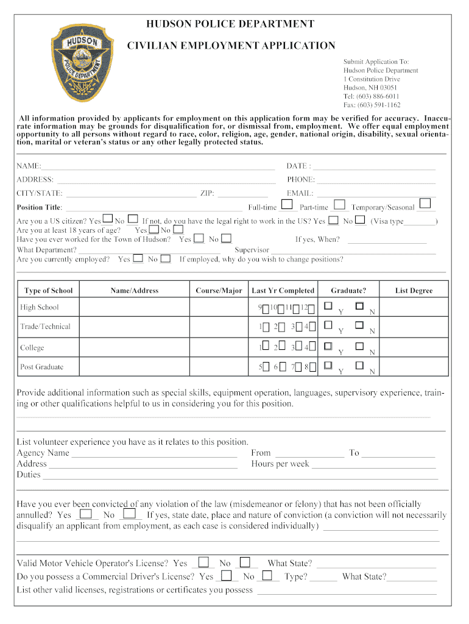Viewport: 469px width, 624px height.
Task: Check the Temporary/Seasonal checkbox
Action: point(425,204)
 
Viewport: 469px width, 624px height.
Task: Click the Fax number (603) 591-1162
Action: point(372,105)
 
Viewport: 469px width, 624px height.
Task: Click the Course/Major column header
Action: point(219,291)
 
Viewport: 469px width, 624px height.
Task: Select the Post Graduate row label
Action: point(41,367)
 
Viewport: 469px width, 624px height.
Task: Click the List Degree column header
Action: point(414,291)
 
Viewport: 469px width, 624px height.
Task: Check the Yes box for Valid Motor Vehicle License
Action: point(204,562)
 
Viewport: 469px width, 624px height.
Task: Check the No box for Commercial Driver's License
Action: point(267,575)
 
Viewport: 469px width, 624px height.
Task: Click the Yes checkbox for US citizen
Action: point(107,218)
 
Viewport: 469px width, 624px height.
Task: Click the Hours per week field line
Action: point(374,465)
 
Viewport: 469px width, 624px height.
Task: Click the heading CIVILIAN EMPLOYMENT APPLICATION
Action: point(231,46)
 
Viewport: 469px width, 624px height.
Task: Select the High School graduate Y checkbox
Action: point(329,305)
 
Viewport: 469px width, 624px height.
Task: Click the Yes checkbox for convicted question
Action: point(86,514)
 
